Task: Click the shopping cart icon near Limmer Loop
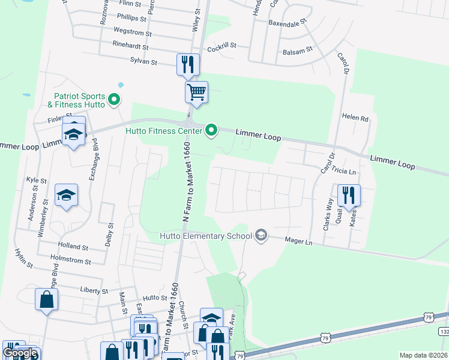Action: click(196, 93)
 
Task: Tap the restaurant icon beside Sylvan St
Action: click(188, 64)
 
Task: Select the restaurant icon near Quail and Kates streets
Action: click(348, 194)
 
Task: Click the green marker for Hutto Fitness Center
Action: click(211, 130)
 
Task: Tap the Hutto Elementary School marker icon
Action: click(261, 235)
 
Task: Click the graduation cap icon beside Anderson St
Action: click(66, 195)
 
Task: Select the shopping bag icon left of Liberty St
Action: click(47, 299)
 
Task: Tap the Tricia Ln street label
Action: click(343, 172)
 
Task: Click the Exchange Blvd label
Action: click(93, 164)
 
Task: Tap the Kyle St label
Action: click(36, 180)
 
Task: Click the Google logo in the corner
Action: click(20, 353)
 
